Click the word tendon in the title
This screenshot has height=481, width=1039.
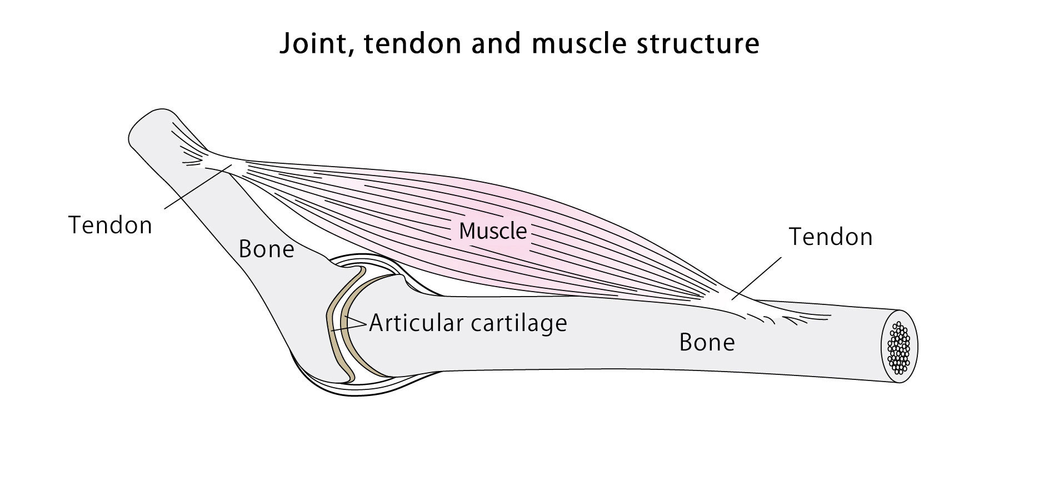[x=413, y=44]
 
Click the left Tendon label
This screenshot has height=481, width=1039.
[x=110, y=226]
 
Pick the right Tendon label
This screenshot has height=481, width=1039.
[x=831, y=237]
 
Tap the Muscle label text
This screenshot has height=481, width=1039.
[x=492, y=231]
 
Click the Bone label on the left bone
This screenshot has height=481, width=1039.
[x=266, y=249]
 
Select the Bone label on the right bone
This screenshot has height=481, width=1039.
[x=707, y=343]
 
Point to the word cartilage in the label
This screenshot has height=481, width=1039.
[x=519, y=323]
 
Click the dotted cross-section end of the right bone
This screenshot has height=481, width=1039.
[x=900, y=347]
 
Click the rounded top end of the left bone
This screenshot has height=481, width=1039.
[x=150, y=125]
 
